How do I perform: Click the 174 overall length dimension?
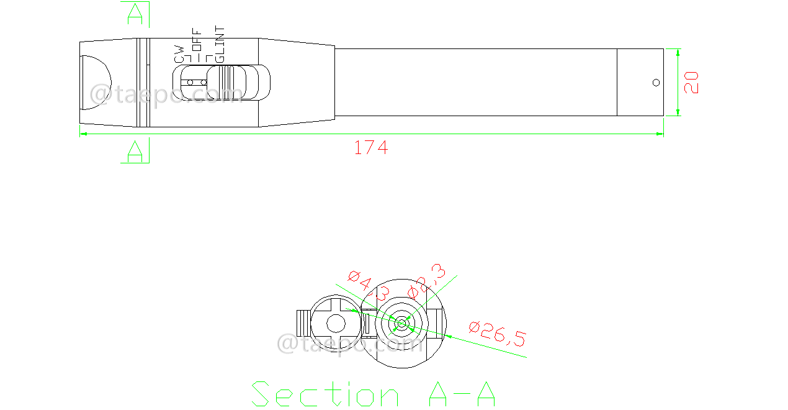370,148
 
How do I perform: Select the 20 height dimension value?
691,82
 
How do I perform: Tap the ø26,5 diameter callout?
498,334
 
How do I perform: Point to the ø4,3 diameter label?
369,285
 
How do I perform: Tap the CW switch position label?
179,53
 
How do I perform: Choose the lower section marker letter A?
135,152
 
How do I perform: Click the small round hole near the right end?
656,83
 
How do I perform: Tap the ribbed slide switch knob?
226,83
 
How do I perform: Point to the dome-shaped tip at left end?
96,83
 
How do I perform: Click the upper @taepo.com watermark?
166,94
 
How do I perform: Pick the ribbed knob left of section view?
303,322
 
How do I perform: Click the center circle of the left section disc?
336,323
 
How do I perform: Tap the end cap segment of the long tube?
640,83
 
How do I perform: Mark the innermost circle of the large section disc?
401,322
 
